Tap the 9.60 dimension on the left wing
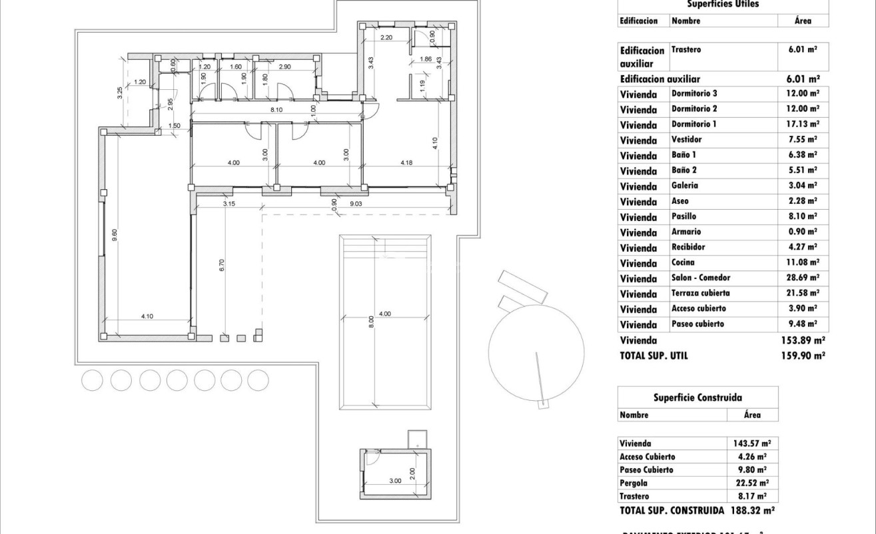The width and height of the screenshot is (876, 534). tap(114, 235)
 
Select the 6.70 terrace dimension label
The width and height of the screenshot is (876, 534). tap(222, 264)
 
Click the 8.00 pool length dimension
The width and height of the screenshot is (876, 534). tap(372, 322)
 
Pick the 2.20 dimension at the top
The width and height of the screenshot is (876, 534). tap(386, 38)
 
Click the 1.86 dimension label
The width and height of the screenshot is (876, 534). tap(426, 59)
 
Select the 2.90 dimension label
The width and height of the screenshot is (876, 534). tap(284, 67)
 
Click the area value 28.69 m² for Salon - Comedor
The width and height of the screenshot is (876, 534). tap(803, 278)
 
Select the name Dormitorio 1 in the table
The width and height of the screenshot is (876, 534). tap(694, 124)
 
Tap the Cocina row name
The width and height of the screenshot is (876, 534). tap(683, 262)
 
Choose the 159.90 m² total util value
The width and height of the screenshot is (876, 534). tap(803, 356)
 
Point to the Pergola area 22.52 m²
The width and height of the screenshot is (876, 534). tap(751, 483)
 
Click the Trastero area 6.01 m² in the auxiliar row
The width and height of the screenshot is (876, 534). tap(803, 49)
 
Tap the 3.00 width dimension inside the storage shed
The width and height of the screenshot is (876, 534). tap(395, 481)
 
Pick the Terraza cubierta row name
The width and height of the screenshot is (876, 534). tap(700, 293)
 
